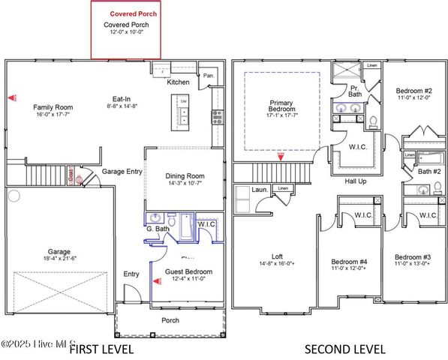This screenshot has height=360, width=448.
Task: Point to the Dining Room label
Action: coord(185,176)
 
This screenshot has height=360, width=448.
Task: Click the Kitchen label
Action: coord(179,82)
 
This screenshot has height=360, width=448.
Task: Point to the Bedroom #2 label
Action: coord(414,91)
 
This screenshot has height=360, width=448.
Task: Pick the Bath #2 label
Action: coord(428,172)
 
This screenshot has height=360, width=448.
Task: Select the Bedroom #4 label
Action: coord(349,262)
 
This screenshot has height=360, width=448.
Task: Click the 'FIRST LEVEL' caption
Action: coord(101,349)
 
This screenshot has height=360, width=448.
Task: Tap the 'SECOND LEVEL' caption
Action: coord(346,349)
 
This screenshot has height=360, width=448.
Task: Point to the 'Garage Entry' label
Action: coord(122,172)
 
